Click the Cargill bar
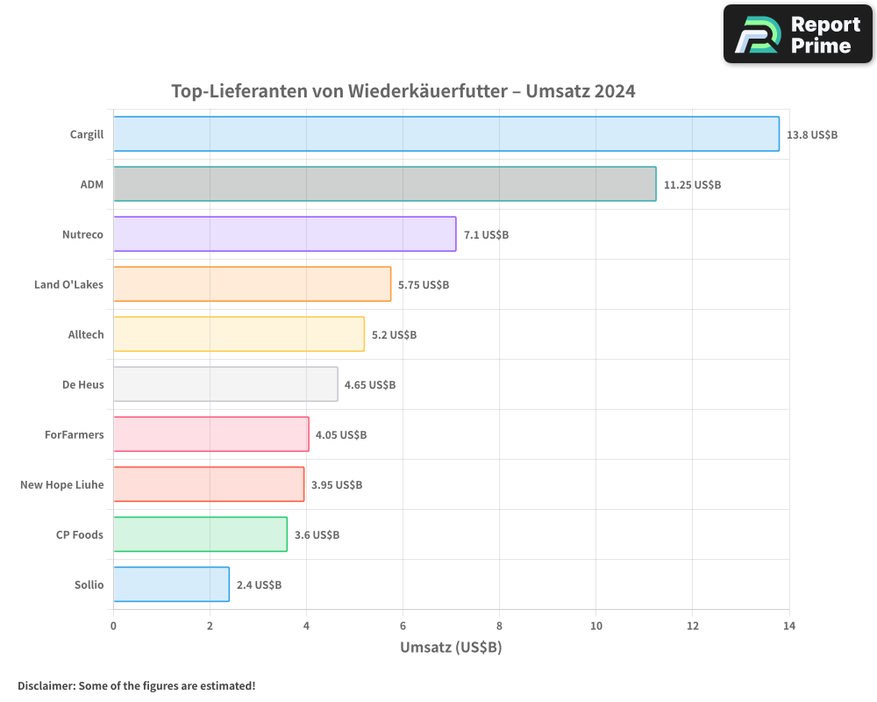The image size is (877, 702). pos(446,134)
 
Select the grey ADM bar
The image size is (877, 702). pos(384,184)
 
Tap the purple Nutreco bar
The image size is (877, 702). pos(284,234)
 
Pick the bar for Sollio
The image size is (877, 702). pos(171,584)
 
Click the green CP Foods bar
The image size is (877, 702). pos(200,534)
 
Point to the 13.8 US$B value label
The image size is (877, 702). pos(812,135)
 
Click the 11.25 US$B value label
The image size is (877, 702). pos(692,185)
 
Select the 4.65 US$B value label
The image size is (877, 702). pos(370,385)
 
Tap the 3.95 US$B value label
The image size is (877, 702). pos(337,485)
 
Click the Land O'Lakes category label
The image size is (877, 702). pos(68,284)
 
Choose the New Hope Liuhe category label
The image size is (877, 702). pos(61,484)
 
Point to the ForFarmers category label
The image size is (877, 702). pos(74,434)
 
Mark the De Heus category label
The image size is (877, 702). pos(82,384)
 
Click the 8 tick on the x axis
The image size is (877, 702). pos(499,626)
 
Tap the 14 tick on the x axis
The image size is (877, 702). pos(788,626)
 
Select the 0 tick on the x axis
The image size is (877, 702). pos(113,626)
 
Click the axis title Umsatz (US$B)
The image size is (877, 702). pos(451,648)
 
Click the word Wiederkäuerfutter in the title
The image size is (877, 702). pos(428,91)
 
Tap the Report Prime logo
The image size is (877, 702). pos(798,34)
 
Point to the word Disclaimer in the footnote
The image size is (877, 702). pos(46,685)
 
